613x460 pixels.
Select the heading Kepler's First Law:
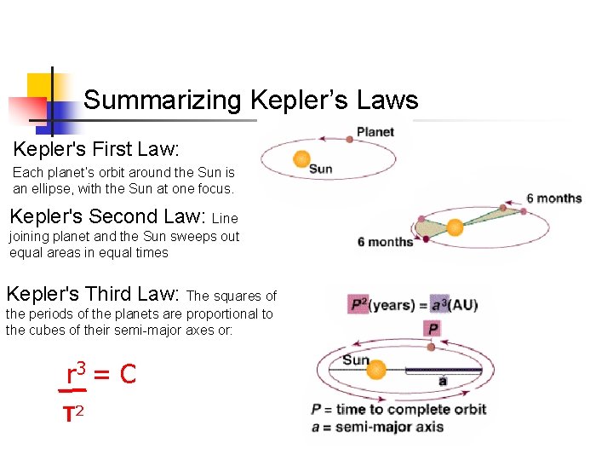point(95,149)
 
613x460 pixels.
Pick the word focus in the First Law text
point(213,188)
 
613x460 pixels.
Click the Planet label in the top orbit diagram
point(375,132)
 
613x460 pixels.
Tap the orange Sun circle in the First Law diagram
point(301,159)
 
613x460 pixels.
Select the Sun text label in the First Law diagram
point(321,169)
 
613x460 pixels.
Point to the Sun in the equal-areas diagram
point(455,227)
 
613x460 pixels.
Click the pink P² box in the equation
point(358,304)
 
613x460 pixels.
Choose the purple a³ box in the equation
point(439,304)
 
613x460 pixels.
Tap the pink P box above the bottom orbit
point(433,329)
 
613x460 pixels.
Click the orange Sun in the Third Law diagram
point(375,371)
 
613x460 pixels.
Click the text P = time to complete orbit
point(399,409)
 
